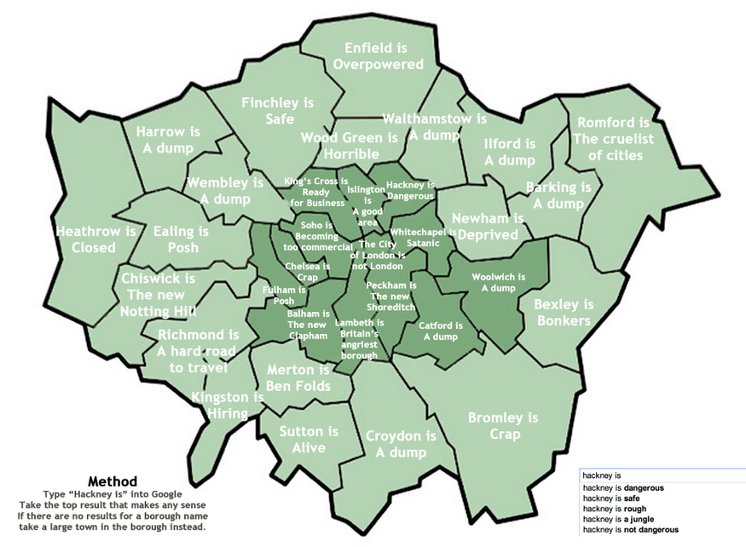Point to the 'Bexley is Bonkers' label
click(564, 313)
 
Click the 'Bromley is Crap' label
click(503, 426)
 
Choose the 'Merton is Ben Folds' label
click(298, 379)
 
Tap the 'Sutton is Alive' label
click(309, 440)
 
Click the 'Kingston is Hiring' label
click(226, 406)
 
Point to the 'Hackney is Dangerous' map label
click(410, 190)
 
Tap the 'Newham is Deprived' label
click(486, 227)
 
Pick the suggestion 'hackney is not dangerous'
click(629, 530)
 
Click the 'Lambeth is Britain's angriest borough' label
click(359, 339)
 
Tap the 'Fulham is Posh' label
click(278, 296)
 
